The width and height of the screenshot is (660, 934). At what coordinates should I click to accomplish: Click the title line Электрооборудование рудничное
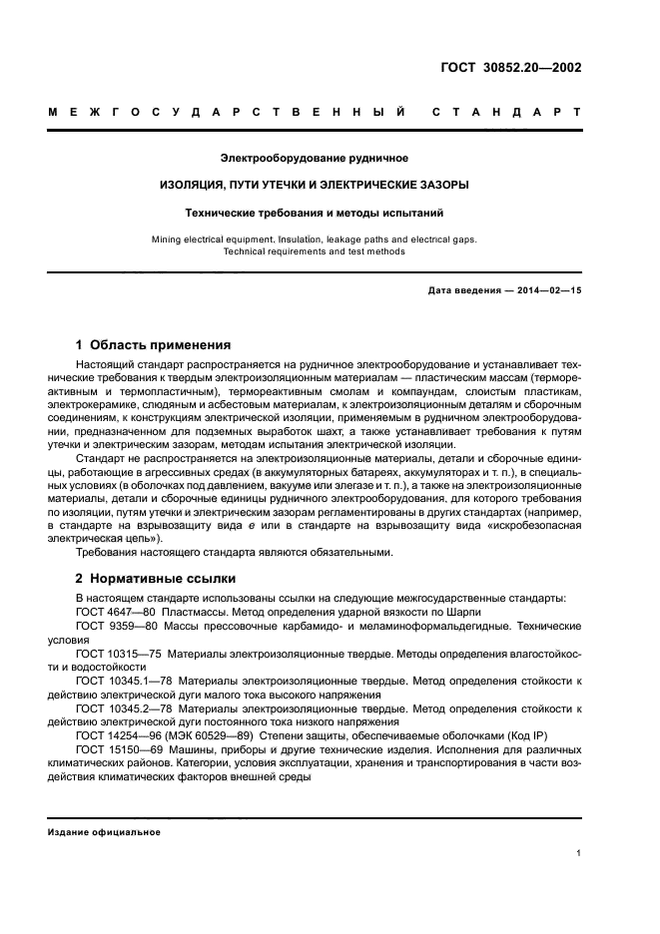[315, 158]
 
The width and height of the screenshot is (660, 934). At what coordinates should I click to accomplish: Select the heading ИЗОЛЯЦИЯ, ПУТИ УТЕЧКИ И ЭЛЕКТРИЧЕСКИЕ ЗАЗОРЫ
[315, 185]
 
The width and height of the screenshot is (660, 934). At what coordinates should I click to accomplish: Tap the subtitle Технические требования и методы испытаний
[315, 213]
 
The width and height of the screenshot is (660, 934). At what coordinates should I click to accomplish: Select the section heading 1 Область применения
[153, 344]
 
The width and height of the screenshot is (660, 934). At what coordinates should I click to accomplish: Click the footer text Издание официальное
[105, 831]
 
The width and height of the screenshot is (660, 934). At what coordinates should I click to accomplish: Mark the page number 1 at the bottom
[578, 853]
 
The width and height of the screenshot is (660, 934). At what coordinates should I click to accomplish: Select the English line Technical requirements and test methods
[315, 251]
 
